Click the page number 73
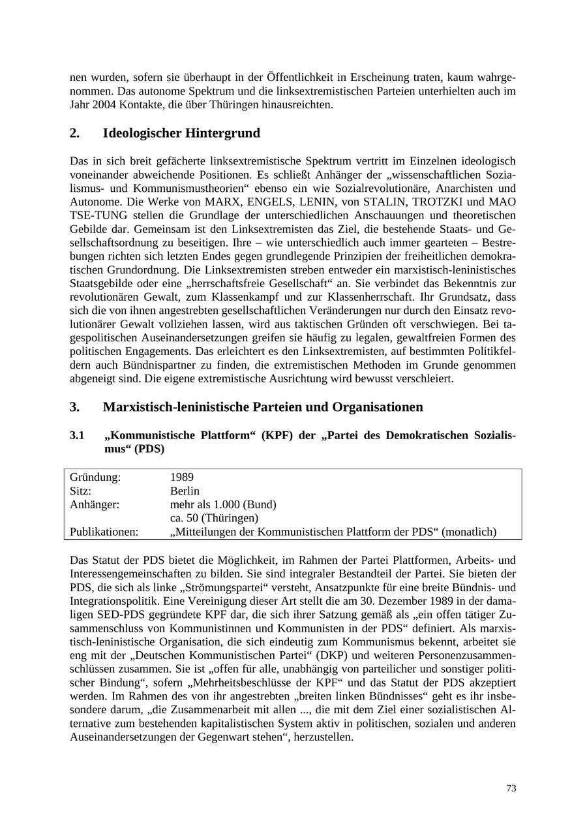511,788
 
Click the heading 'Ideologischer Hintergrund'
181,133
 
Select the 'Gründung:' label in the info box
95,477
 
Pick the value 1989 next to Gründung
181,477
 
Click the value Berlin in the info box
185,491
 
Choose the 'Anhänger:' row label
95,504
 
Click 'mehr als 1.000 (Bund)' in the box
223,504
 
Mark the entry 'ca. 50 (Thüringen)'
214,518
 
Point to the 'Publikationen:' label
104,532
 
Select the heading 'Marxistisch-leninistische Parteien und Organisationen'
263,407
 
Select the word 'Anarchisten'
467,188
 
